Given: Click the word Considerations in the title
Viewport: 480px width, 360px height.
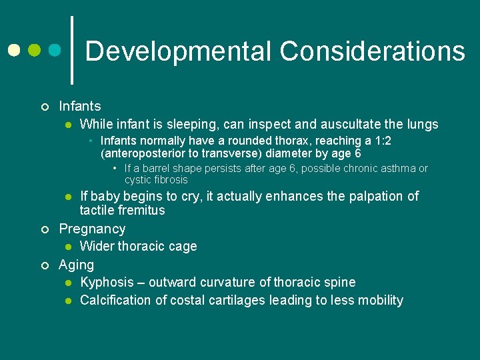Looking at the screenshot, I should (x=372, y=51).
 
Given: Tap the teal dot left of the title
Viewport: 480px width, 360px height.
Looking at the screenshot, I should (x=55, y=50).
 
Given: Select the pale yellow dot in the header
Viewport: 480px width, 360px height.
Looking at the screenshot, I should (x=13, y=50).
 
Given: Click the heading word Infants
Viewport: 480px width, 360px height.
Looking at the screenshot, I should (x=80, y=106).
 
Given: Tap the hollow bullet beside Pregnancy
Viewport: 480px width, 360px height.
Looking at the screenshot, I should (x=45, y=229).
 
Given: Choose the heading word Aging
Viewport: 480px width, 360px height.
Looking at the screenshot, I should (x=77, y=265).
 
